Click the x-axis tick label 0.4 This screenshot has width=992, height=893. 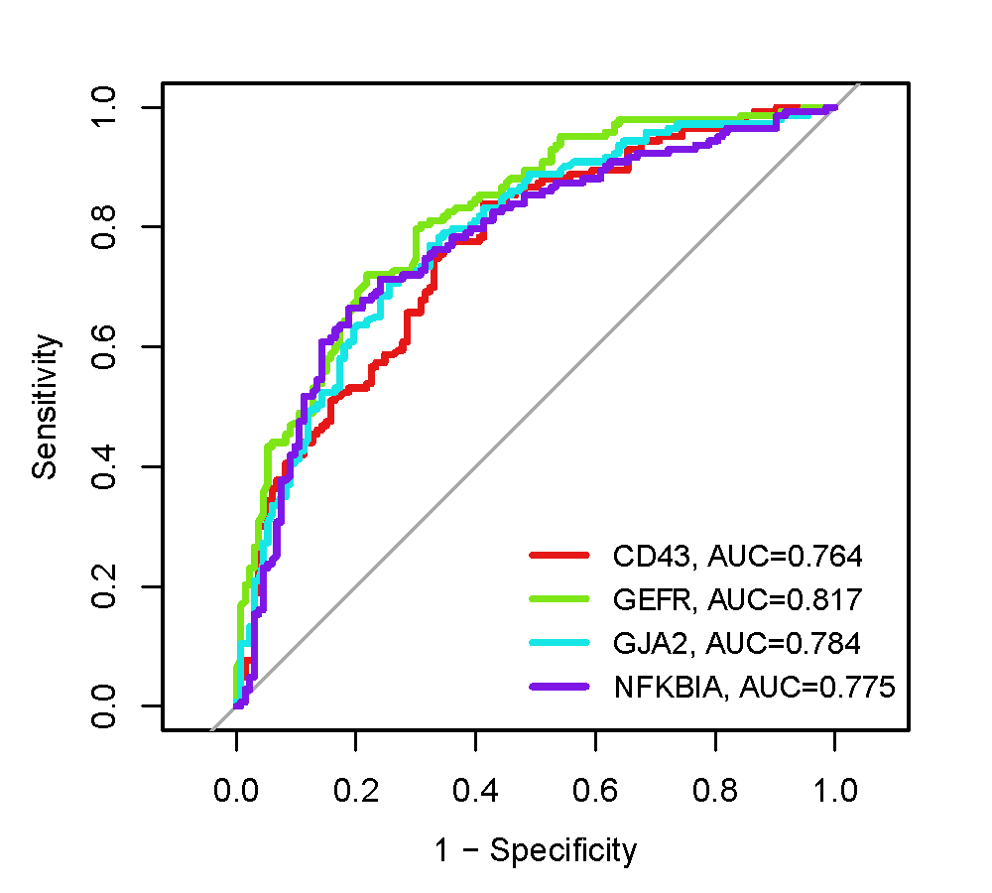pyautogui.click(x=475, y=790)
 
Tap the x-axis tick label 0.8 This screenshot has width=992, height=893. pyautogui.click(x=714, y=790)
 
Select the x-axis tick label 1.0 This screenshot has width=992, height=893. pyautogui.click(x=834, y=790)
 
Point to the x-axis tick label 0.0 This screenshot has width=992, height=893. pyautogui.click(x=236, y=790)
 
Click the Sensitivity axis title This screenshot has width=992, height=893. pyautogui.click(x=46, y=407)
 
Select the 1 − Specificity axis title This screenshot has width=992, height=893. pyautogui.click(x=535, y=850)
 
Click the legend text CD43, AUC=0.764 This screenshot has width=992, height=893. pyautogui.click(x=737, y=555)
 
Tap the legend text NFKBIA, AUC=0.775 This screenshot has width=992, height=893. pyautogui.click(x=755, y=687)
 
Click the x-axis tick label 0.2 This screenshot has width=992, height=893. pyautogui.click(x=356, y=790)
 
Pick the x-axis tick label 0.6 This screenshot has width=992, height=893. pyautogui.click(x=595, y=790)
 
